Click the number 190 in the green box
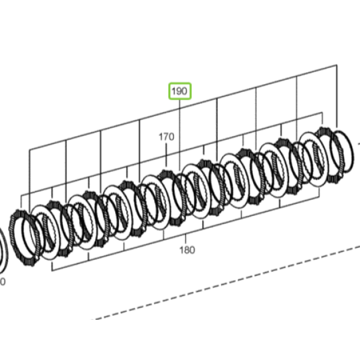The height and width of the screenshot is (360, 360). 179,91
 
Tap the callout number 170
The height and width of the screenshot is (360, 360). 166,137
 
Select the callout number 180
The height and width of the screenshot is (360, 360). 187,250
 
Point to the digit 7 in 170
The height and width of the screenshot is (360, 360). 166,137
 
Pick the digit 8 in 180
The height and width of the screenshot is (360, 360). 187,250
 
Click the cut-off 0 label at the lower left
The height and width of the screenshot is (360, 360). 2,281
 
